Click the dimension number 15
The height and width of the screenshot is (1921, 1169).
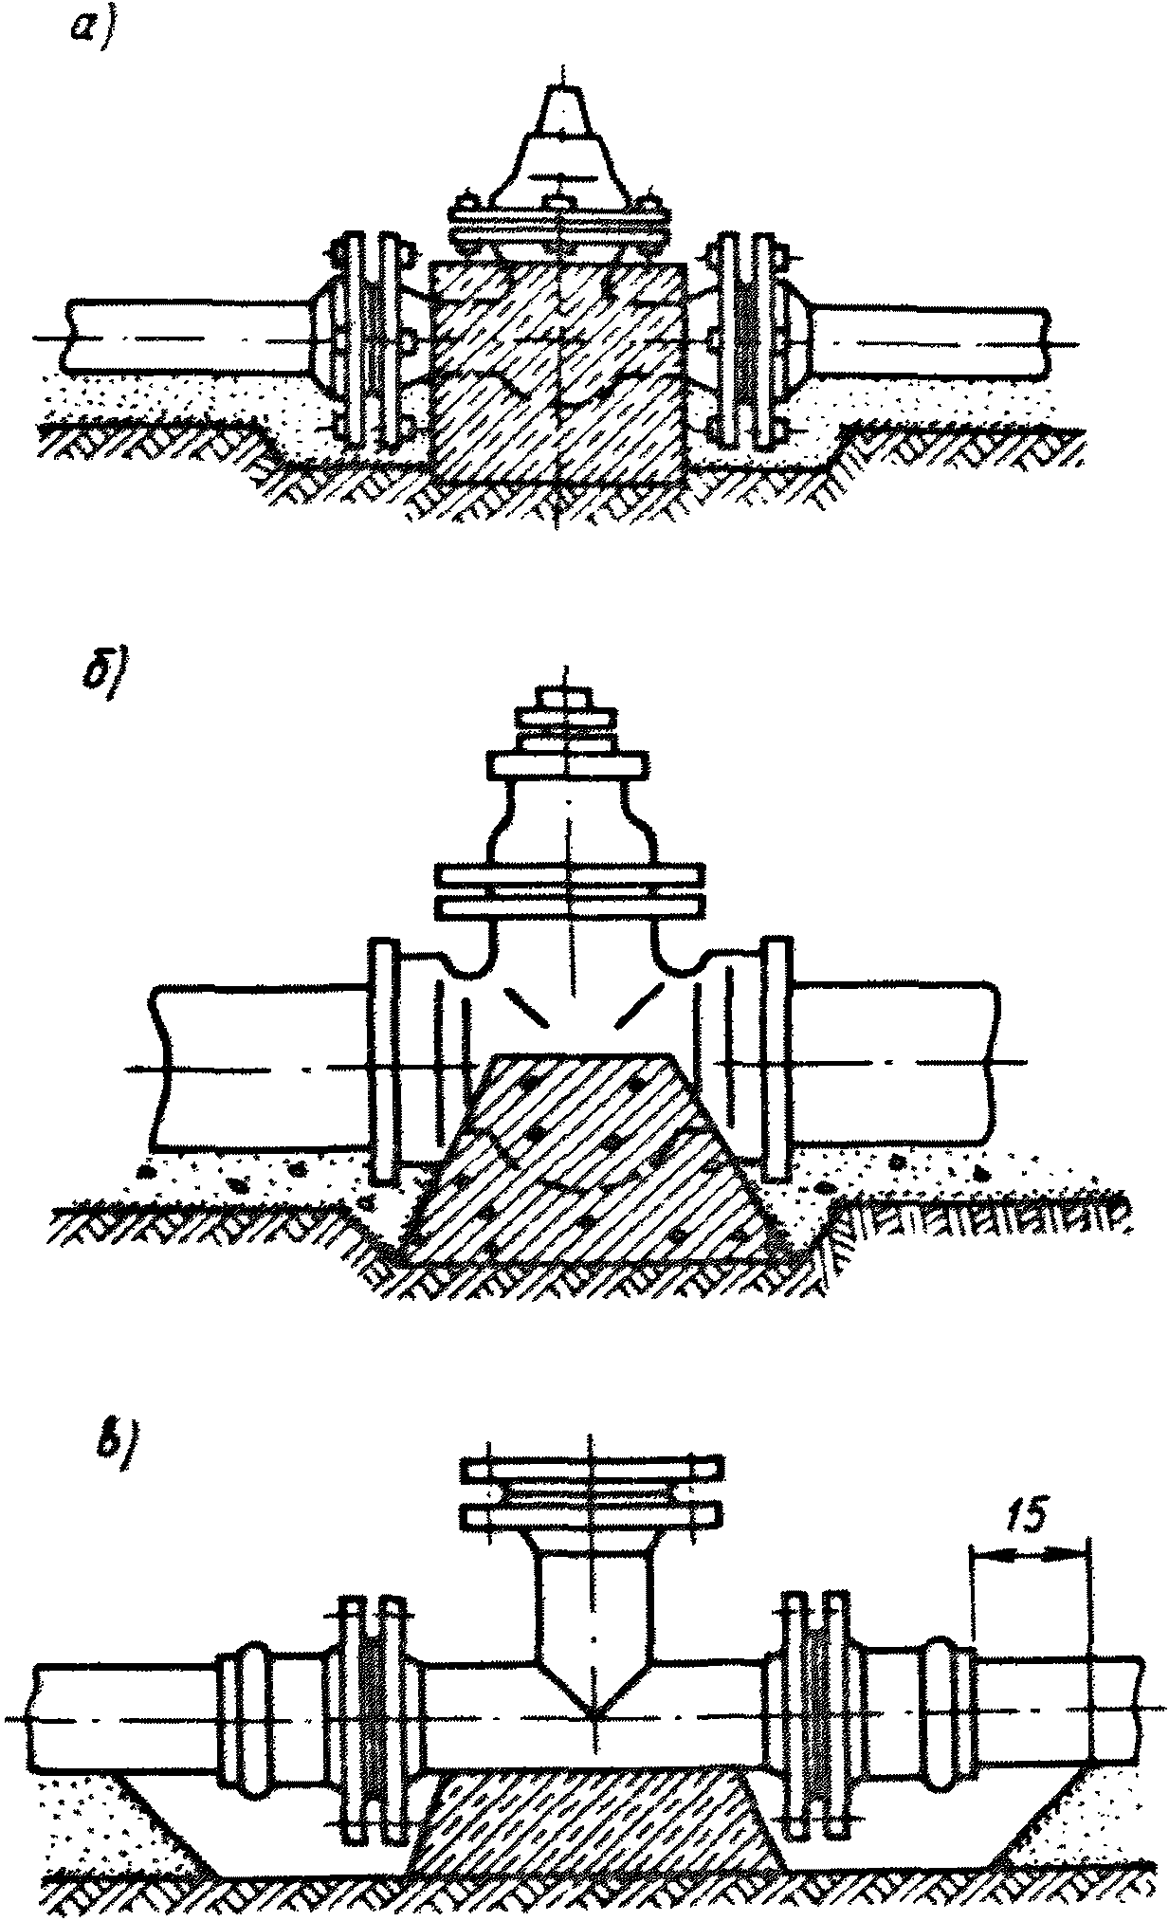[x=1029, y=1517]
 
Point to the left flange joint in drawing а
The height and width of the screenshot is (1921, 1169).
[x=370, y=339]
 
